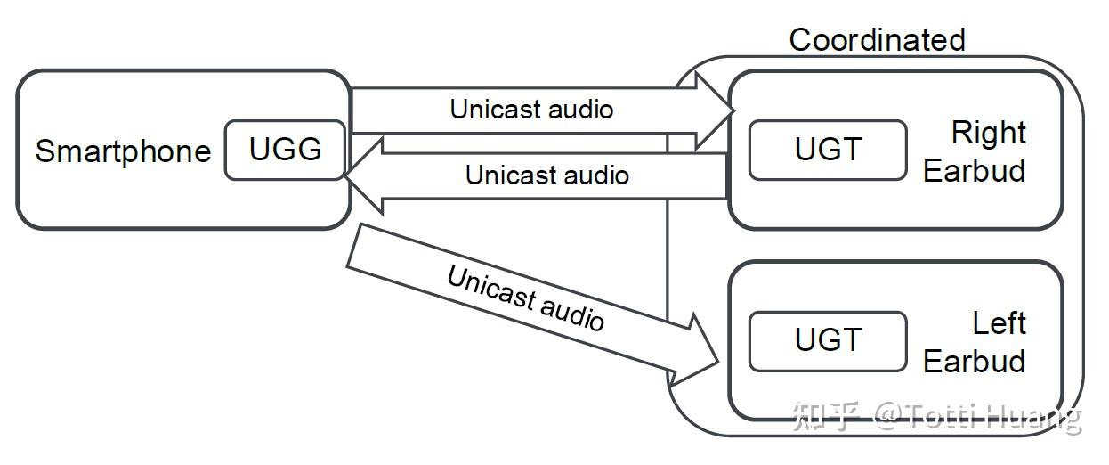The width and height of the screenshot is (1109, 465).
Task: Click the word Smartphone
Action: [124, 151]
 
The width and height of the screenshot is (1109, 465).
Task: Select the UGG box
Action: [285, 150]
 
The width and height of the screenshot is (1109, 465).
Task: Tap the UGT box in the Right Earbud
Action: [828, 150]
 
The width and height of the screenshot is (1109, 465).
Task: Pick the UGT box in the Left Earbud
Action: [828, 341]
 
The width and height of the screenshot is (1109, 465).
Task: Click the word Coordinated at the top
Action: [877, 40]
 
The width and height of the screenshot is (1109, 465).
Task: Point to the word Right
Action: [988, 133]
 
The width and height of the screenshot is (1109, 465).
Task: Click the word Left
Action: [1000, 323]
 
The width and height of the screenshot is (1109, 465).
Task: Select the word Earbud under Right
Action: [974, 171]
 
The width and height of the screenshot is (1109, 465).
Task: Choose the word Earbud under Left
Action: [974, 361]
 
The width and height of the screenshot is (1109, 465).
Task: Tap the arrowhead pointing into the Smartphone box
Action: [365, 176]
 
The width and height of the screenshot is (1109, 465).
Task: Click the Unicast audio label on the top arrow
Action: [531, 110]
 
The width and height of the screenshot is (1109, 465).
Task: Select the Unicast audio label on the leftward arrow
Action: [547, 175]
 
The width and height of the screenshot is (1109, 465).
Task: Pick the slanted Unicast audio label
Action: [525, 298]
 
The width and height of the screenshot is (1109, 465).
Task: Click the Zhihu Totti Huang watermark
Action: [936, 416]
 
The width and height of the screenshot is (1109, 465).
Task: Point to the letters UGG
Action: [285, 150]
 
